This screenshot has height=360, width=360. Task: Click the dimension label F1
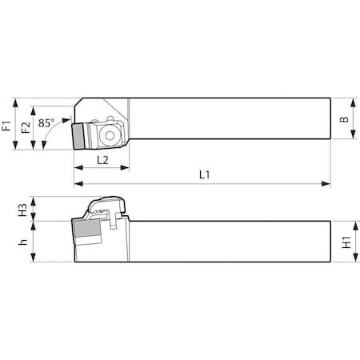[7, 124]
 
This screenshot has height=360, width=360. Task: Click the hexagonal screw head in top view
[110, 135]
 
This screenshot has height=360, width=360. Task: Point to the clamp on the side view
[104, 206]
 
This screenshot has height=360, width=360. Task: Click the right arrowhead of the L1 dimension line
[327, 184]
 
